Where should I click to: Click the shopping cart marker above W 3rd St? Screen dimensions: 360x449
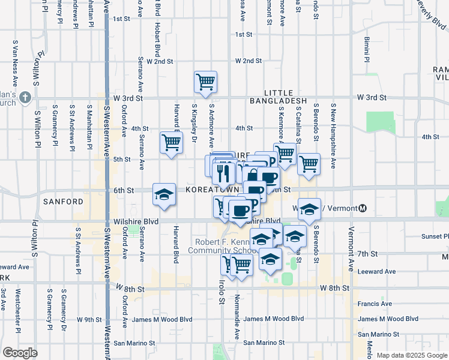(205, 82)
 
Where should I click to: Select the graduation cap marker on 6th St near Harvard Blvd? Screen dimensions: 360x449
(164, 194)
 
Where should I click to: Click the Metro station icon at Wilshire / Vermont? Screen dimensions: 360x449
(363, 208)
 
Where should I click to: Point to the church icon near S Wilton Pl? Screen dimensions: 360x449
(25, 97)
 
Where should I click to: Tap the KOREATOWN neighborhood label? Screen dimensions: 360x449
(208, 190)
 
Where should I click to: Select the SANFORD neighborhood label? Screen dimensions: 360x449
(62, 202)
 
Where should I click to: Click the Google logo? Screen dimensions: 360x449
(20, 352)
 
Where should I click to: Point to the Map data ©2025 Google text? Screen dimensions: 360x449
(412, 355)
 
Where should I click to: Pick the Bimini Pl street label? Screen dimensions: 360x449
(366, 50)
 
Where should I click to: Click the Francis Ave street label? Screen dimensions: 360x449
(376, 304)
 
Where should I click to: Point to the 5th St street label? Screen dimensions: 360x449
(122, 159)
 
